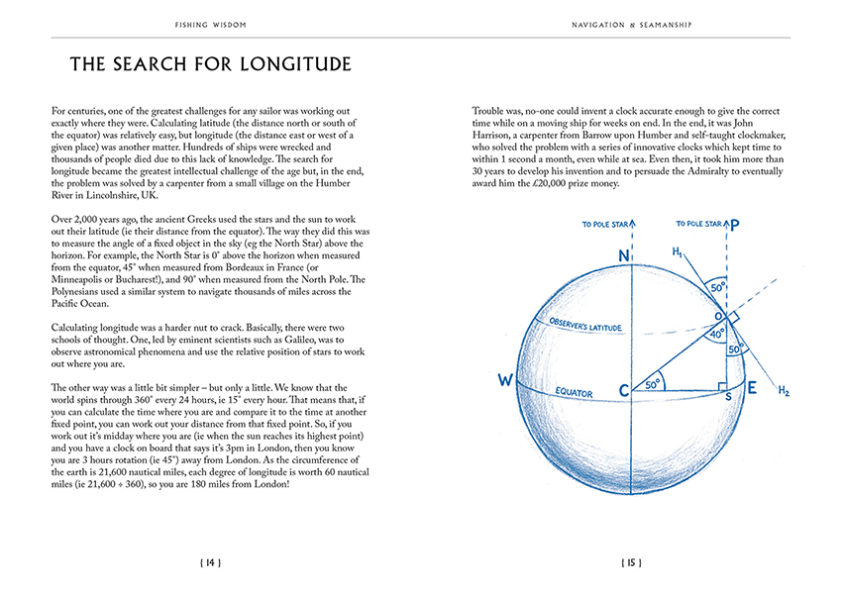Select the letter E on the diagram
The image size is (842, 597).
752,388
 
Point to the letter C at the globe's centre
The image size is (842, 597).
625,391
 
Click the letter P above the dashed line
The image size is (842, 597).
734,226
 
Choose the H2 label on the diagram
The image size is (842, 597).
783,392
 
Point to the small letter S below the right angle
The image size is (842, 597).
729,396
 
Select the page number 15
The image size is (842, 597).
631,562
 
